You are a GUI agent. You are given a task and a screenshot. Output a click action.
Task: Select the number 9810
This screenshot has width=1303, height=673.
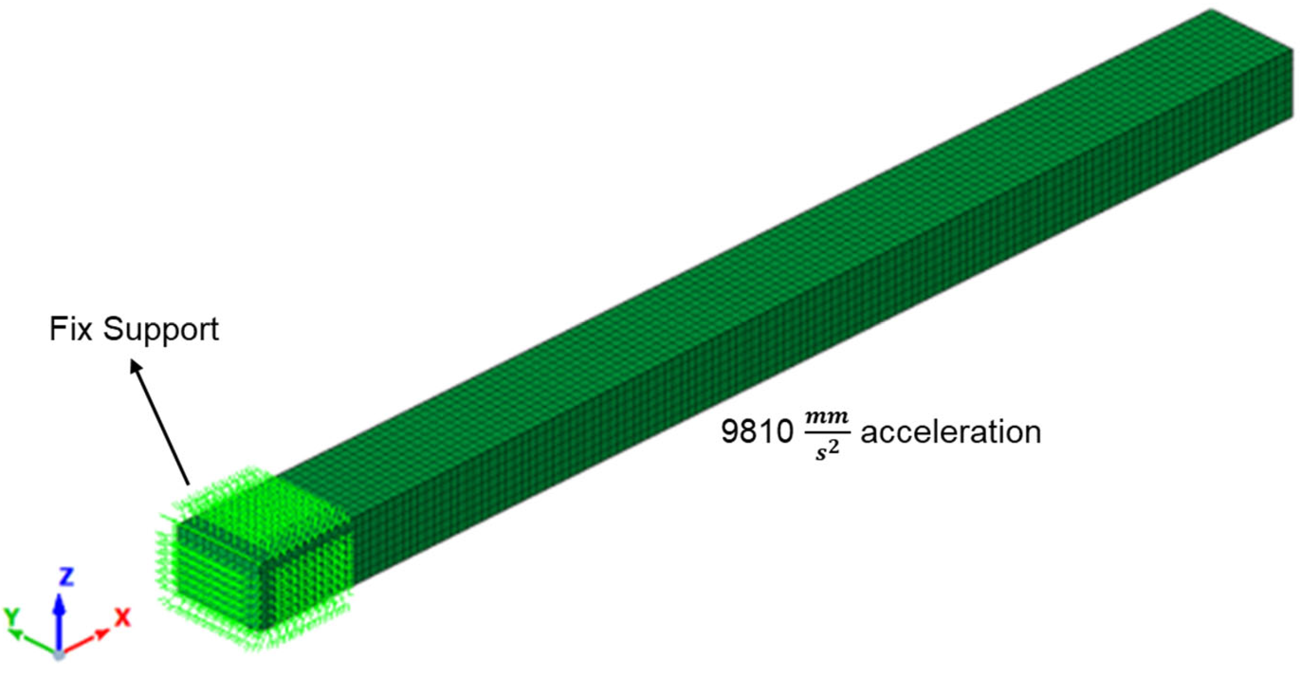point(757,433)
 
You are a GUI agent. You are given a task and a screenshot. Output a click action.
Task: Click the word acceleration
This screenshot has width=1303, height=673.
point(951,433)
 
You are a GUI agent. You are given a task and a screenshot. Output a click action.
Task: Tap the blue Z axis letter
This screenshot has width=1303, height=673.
point(67,577)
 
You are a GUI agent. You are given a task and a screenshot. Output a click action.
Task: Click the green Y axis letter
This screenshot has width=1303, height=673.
point(12,617)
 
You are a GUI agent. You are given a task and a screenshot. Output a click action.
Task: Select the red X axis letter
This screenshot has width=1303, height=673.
point(122,618)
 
